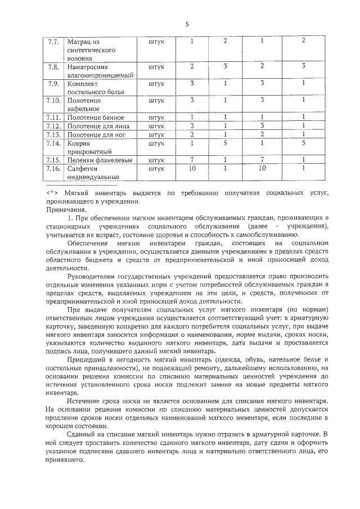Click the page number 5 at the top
pyautogui.click(x=187, y=24)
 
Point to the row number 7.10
pyautogui.click(x=53, y=100)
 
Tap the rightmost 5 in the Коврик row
pyautogui.click(x=303, y=143)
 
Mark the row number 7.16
pyautogui.click(x=53, y=168)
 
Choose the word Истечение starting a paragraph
pyautogui.click(x=85, y=400)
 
